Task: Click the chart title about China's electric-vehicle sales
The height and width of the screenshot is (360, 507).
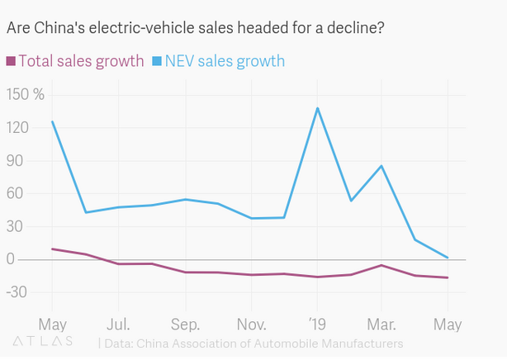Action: point(195,28)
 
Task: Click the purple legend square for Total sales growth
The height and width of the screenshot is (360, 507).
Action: point(11,60)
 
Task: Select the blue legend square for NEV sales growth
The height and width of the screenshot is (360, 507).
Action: point(157,60)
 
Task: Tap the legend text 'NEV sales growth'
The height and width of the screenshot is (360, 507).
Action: point(225,60)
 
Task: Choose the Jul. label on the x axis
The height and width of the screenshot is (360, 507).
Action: point(118,322)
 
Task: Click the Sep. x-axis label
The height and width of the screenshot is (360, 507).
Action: point(184,322)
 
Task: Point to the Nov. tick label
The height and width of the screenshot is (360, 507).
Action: point(250,322)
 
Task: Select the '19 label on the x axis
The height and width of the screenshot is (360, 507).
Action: point(317,322)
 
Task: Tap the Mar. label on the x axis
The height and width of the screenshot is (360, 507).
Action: point(382,322)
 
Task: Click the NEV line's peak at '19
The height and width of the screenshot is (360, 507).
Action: point(317,108)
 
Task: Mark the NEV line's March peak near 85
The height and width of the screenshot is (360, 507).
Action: point(381,166)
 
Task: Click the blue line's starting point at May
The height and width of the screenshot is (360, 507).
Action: point(52,121)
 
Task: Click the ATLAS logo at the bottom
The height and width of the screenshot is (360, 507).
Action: point(43,340)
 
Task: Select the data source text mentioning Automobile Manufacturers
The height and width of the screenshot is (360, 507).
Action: point(252,342)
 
